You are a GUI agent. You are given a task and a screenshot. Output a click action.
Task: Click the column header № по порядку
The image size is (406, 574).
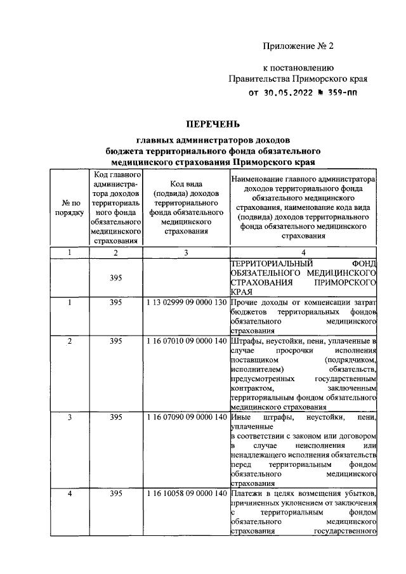tap(69, 207)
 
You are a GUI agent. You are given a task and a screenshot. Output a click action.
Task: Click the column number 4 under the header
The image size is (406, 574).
tap(302, 253)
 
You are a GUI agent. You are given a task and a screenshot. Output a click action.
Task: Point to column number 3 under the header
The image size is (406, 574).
tap(186, 253)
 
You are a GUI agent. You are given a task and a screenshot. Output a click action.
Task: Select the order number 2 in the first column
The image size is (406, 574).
tap(69, 341)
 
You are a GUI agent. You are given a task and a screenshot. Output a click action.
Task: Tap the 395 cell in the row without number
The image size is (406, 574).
tap(115, 277)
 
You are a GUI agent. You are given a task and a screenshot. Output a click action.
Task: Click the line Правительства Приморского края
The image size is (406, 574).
tap(298, 79)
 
